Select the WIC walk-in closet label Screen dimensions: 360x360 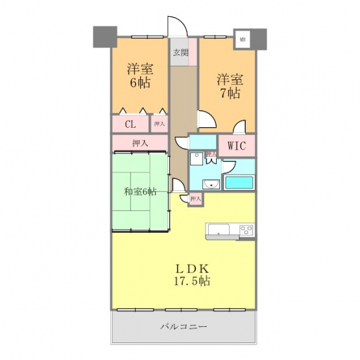[237, 145]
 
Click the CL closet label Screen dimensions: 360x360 [130, 124]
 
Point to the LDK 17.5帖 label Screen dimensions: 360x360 [191, 274]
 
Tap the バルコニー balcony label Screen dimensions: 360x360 [184, 326]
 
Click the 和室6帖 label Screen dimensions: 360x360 [140, 191]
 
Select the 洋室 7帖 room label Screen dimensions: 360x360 [230, 86]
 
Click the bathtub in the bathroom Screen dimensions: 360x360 [239, 182]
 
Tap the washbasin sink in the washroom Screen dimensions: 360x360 [211, 184]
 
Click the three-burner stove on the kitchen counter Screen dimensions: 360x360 [246, 230]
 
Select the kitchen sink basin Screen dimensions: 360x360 [219, 230]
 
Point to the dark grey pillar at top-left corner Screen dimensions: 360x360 [105, 37]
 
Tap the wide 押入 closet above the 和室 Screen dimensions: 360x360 [140, 143]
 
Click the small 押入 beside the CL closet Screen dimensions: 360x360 [160, 124]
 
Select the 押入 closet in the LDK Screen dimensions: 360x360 [196, 199]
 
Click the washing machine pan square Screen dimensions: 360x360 [197, 159]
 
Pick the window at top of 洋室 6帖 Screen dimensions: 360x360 [147, 37]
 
